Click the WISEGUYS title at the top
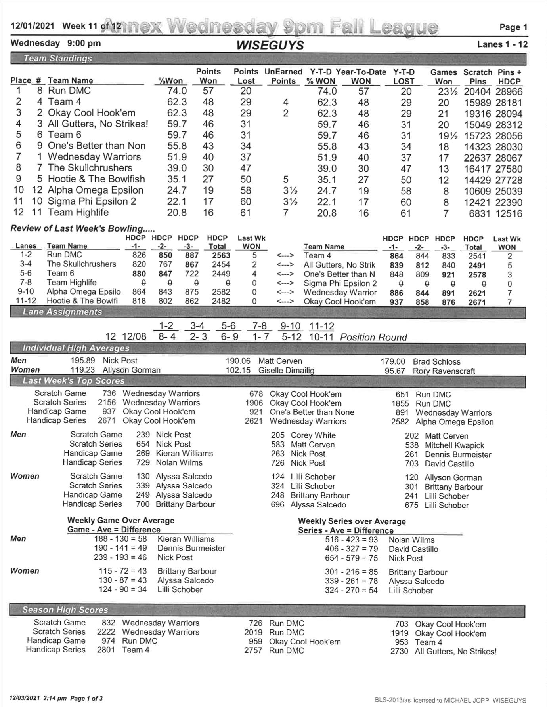(x=270, y=46)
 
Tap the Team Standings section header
(x=58, y=59)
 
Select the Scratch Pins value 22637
(x=478, y=158)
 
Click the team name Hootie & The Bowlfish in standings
(x=96, y=179)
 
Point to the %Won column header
(x=170, y=81)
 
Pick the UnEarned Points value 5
(x=286, y=180)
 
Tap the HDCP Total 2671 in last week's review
(x=477, y=302)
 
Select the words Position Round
(x=373, y=337)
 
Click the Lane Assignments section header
(x=63, y=312)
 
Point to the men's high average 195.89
(x=83, y=361)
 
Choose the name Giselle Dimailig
(x=286, y=371)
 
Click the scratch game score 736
(x=109, y=393)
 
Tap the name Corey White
(x=313, y=435)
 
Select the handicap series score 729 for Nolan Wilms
(x=143, y=462)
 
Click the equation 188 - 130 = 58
(x=120, y=539)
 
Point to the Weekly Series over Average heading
(x=352, y=521)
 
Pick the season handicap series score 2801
(x=106, y=650)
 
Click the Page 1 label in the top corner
(x=513, y=27)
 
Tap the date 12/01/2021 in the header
(x=33, y=26)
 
